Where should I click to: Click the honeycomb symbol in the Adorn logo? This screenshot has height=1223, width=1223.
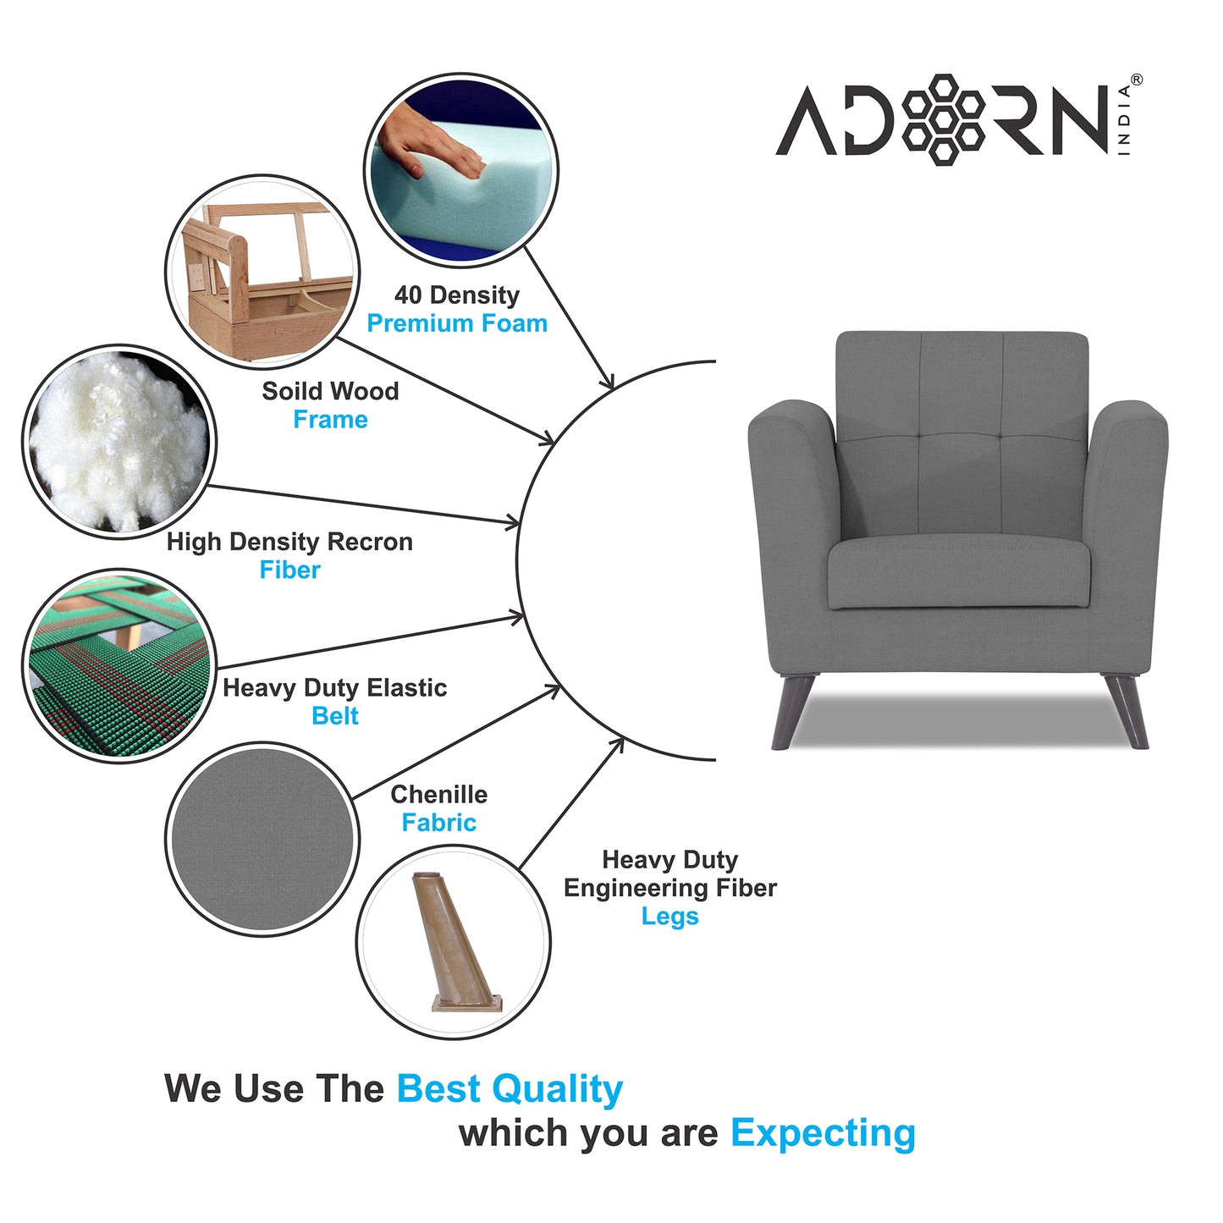pos(943,118)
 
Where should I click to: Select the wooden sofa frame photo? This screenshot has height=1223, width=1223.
pos(262,271)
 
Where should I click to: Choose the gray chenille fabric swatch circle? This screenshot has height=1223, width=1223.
pos(262,839)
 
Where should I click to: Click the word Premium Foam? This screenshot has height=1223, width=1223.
pos(457,323)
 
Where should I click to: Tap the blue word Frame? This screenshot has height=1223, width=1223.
pos(330,420)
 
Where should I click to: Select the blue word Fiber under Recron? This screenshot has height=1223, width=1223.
pos(289,570)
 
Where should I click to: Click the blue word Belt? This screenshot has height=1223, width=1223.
pos(335,716)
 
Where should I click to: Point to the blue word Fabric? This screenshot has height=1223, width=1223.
pos(438,823)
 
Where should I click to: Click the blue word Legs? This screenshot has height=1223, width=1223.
pos(669,917)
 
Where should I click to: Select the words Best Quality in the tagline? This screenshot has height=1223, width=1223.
pos(510,1089)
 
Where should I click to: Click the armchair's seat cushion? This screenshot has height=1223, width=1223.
pos(958,574)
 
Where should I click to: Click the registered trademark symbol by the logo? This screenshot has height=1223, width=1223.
pos(1136,80)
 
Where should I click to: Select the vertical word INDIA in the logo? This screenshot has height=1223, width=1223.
pos(1124,119)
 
